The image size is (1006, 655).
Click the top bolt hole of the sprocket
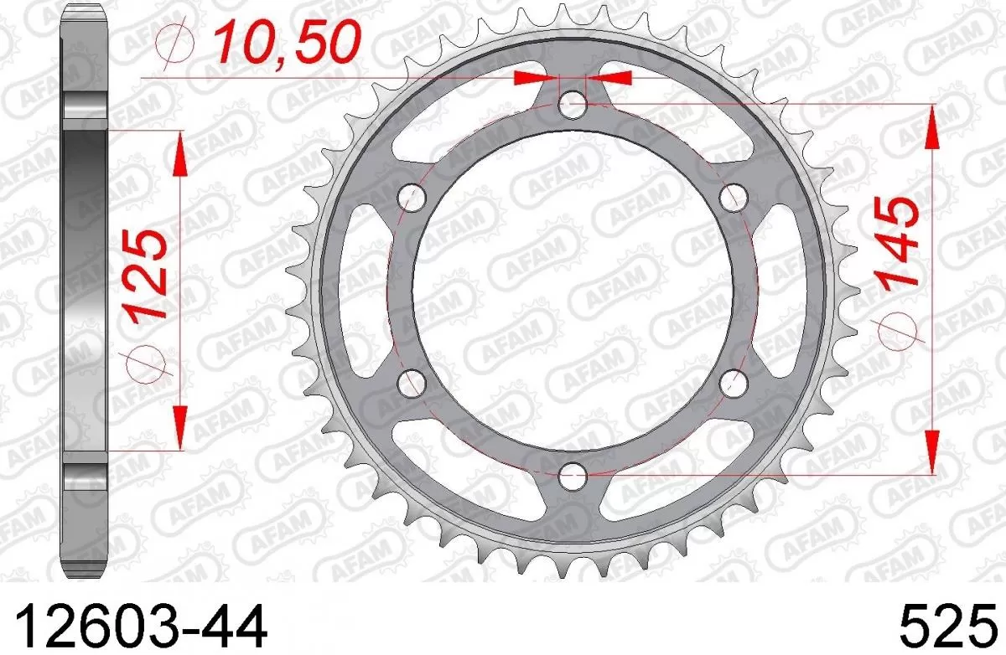coord(573,105)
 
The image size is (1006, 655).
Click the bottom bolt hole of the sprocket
coord(573,476)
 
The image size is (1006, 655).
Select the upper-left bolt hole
coord(412,198)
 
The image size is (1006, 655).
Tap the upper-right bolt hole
coord(734,198)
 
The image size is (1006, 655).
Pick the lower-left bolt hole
coord(412,383)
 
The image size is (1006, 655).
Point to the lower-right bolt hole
coord(734,383)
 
